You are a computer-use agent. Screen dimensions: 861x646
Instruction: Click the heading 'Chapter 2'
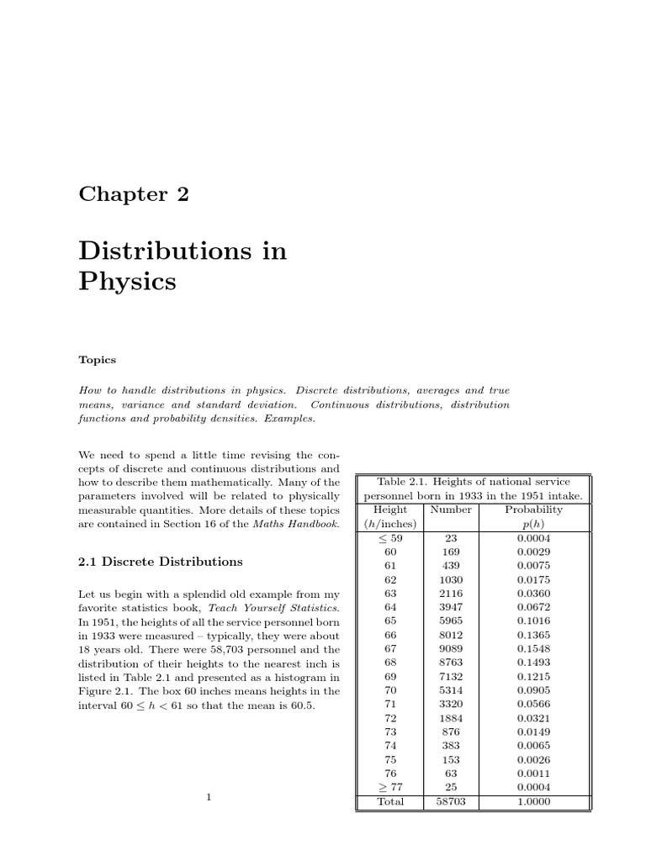click(134, 194)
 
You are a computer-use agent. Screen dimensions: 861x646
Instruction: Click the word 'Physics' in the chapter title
click(127, 281)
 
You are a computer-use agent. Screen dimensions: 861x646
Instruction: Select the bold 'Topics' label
click(97, 360)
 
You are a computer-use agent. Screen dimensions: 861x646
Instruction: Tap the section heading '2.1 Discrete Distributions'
click(161, 562)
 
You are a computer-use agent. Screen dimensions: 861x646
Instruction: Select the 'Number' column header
click(451, 510)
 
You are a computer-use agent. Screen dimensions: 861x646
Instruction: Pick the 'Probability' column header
click(533, 510)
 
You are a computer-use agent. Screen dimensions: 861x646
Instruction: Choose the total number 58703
click(451, 802)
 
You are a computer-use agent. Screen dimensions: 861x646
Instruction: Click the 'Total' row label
click(389, 802)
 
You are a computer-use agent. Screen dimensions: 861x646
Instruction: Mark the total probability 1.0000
click(533, 802)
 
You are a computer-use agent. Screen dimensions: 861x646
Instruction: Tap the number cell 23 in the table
click(451, 538)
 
